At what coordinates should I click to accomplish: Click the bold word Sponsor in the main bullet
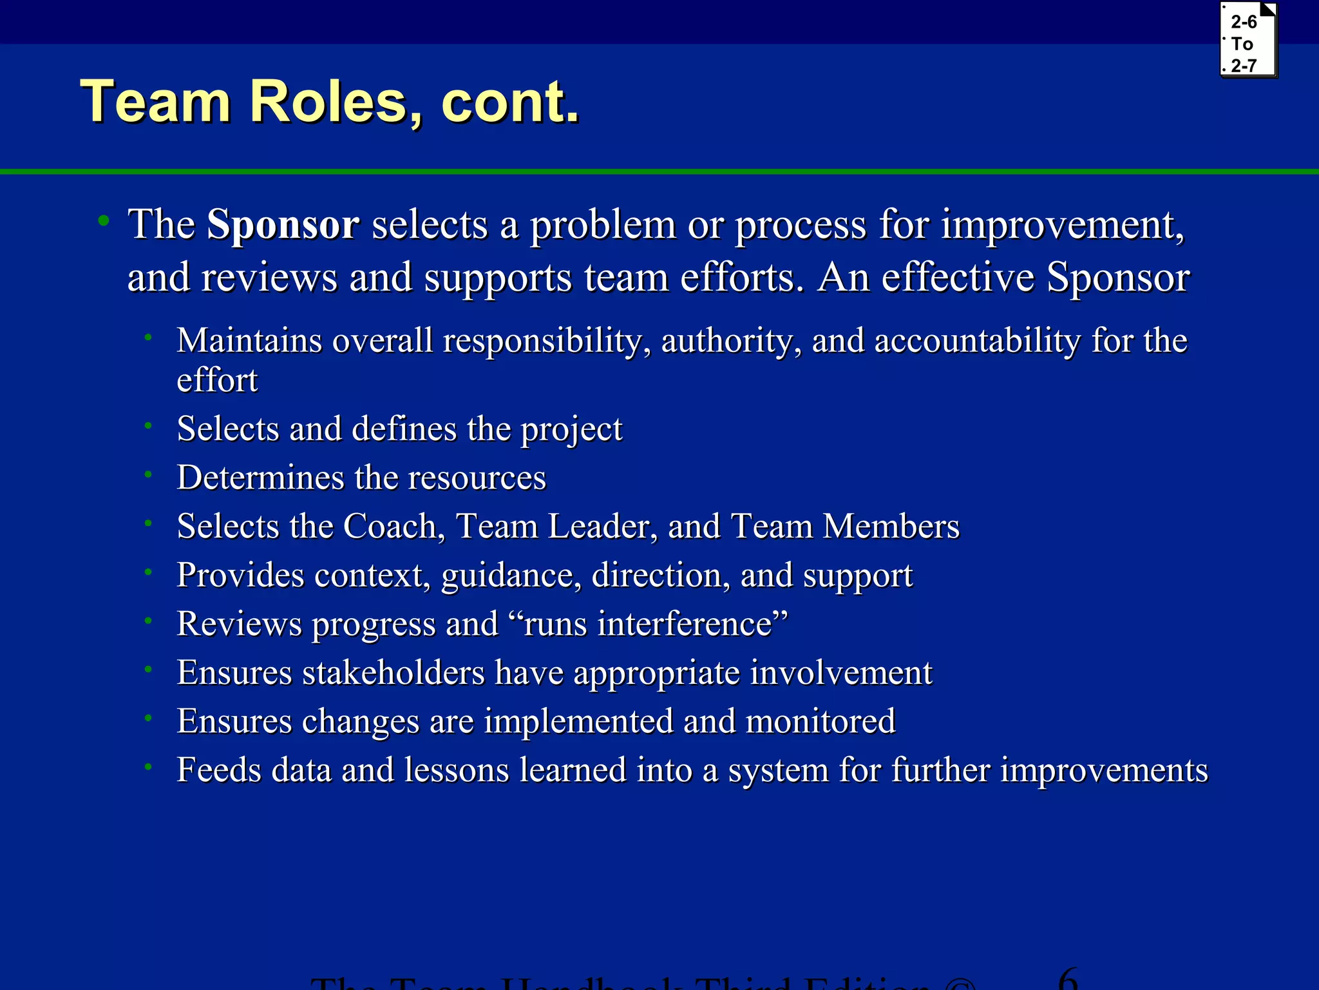pos(282,224)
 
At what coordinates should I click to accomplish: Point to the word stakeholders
pos(394,672)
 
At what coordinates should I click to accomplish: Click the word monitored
pos(821,721)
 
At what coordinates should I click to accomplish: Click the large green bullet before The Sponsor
pos(103,221)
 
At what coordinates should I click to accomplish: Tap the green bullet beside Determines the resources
pos(148,475)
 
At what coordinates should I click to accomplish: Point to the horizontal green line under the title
pos(659,171)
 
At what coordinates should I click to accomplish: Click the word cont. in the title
pos(510,102)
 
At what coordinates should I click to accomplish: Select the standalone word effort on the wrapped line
pos(217,380)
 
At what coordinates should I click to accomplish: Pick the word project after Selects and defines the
pos(571,429)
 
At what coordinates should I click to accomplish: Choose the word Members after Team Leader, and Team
pos(891,526)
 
